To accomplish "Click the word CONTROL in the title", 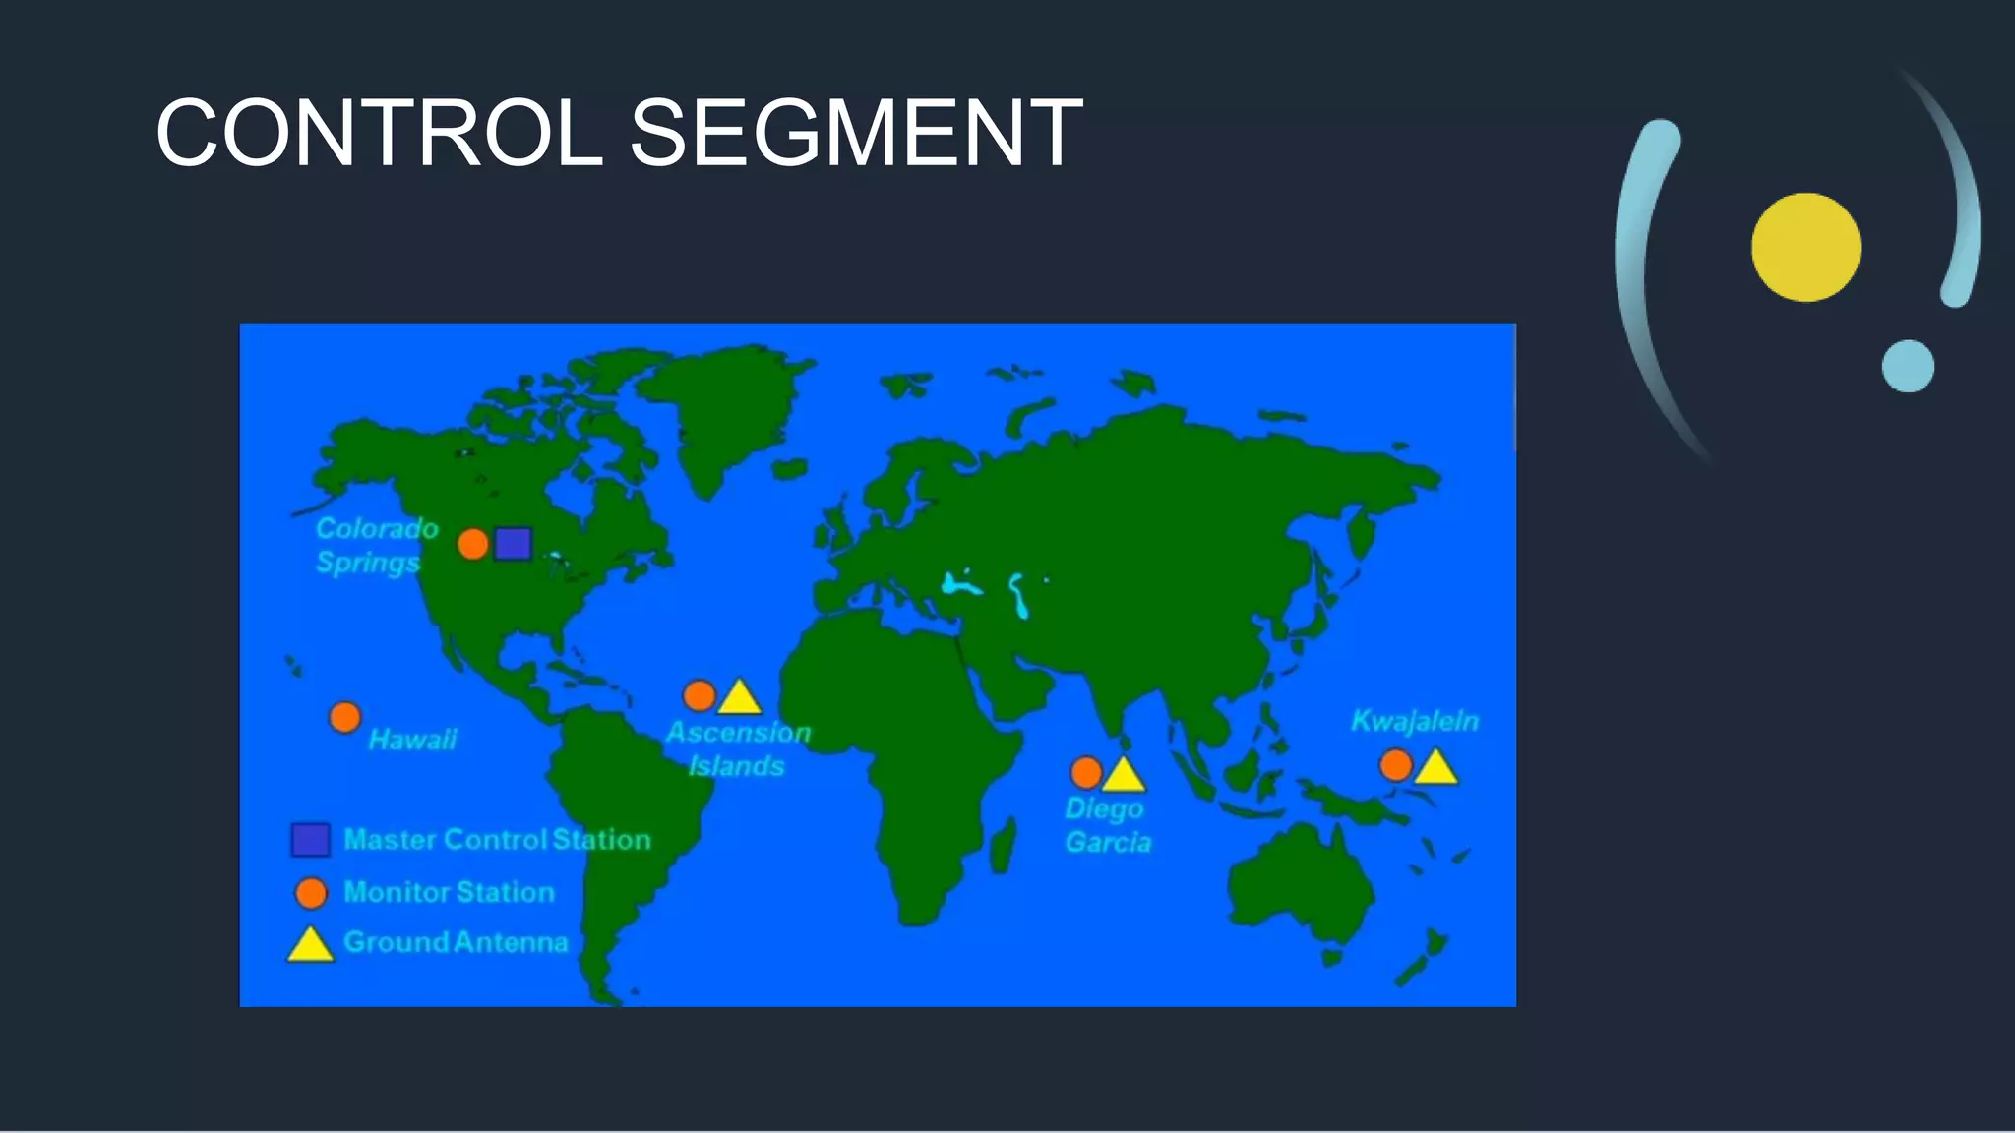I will pyautogui.click(x=379, y=134).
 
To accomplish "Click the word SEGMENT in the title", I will pyautogui.click(x=855, y=134).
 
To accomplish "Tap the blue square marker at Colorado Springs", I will pyautogui.click(x=513, y=543).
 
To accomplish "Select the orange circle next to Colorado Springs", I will pyautogui.click(x=473, y=543).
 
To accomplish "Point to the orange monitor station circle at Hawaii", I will pyautogui.click(x=344, y=717).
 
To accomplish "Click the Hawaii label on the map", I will pyautogui.click(x=412, y=740).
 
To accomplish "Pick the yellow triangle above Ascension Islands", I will pyautogui.click(x=740, y=698).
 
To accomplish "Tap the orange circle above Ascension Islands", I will pyautogui.click(x=700, y=695).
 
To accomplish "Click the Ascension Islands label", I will pyautogui.click(x=738, y=748).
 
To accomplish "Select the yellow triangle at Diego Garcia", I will pyautogui.click(x=1124, y=776).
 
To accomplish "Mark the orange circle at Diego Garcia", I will pyautogui.click(x=1086, y=772).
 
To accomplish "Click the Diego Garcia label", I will pyautogui.click(x=1107, y=825).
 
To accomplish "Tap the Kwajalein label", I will pyautogui.click(x=1414, y=721).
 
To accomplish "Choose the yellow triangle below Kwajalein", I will pyautogui.click(x=1435, y=768).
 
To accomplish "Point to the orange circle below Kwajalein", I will pyautogui.click(x=1396, y=764).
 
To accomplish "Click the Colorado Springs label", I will pyautogui.click(x=376, y=545).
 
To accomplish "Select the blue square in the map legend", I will pyautogui.click(x=311, y=840).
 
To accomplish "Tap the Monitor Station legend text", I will pyautogui.click(x=449, y=892).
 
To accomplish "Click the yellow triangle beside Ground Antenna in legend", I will pyautogui.click(x=310, y=946).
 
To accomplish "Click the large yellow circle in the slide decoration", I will pyautogui.click(x=1805, y=247).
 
